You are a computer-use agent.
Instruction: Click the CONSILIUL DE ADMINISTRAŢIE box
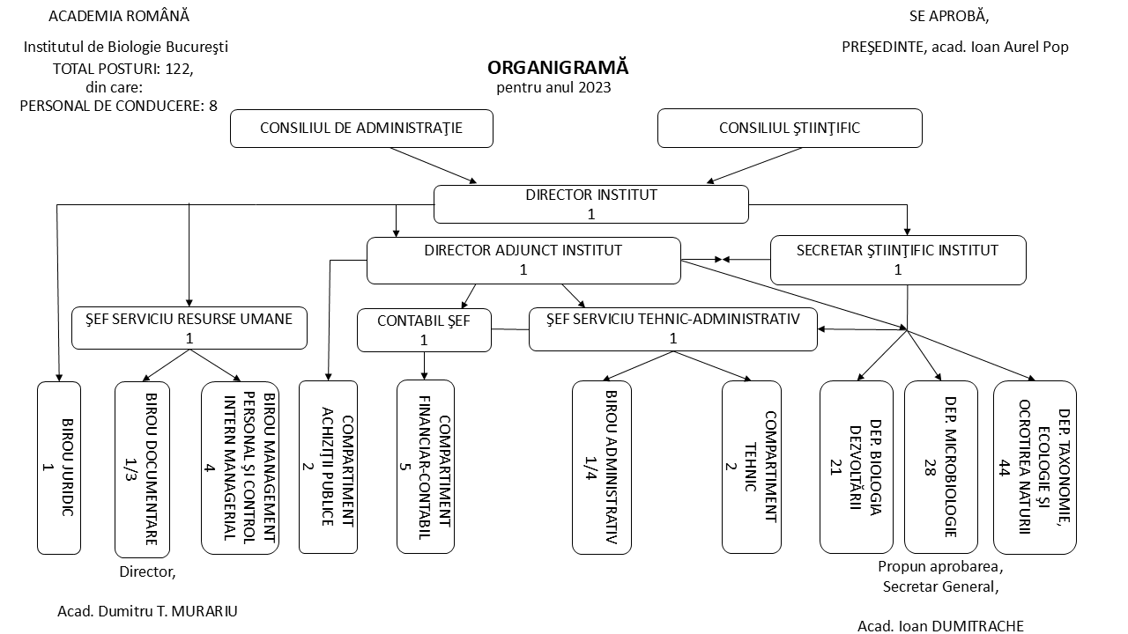[x=361, y=128]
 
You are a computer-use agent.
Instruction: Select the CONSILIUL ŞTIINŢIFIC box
[x=790, y=128]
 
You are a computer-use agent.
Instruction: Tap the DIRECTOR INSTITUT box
[x=590, y=204]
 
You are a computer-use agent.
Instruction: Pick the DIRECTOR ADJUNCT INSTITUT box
[x=523, y=260]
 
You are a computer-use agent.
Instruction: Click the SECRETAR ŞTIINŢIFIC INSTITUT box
[x=898, y=260]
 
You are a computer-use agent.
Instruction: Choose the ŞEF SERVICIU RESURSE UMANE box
[x=189, y=328]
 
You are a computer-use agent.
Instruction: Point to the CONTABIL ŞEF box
[x=424, y=330]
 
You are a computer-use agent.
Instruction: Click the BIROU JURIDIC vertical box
[x=59, y=467]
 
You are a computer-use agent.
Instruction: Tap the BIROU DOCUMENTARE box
[x=142, y=468]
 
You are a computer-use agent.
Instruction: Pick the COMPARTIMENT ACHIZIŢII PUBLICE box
[x=328, y=467]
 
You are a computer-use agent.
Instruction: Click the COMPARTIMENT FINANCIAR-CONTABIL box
[x=426, y=467]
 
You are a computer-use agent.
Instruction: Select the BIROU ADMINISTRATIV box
[x=603, y=467]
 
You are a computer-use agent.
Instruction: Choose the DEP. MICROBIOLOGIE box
[x=940, y=467]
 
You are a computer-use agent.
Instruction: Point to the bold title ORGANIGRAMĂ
[x=558, y=69]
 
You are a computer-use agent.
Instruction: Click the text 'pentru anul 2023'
[x=553, y=87]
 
